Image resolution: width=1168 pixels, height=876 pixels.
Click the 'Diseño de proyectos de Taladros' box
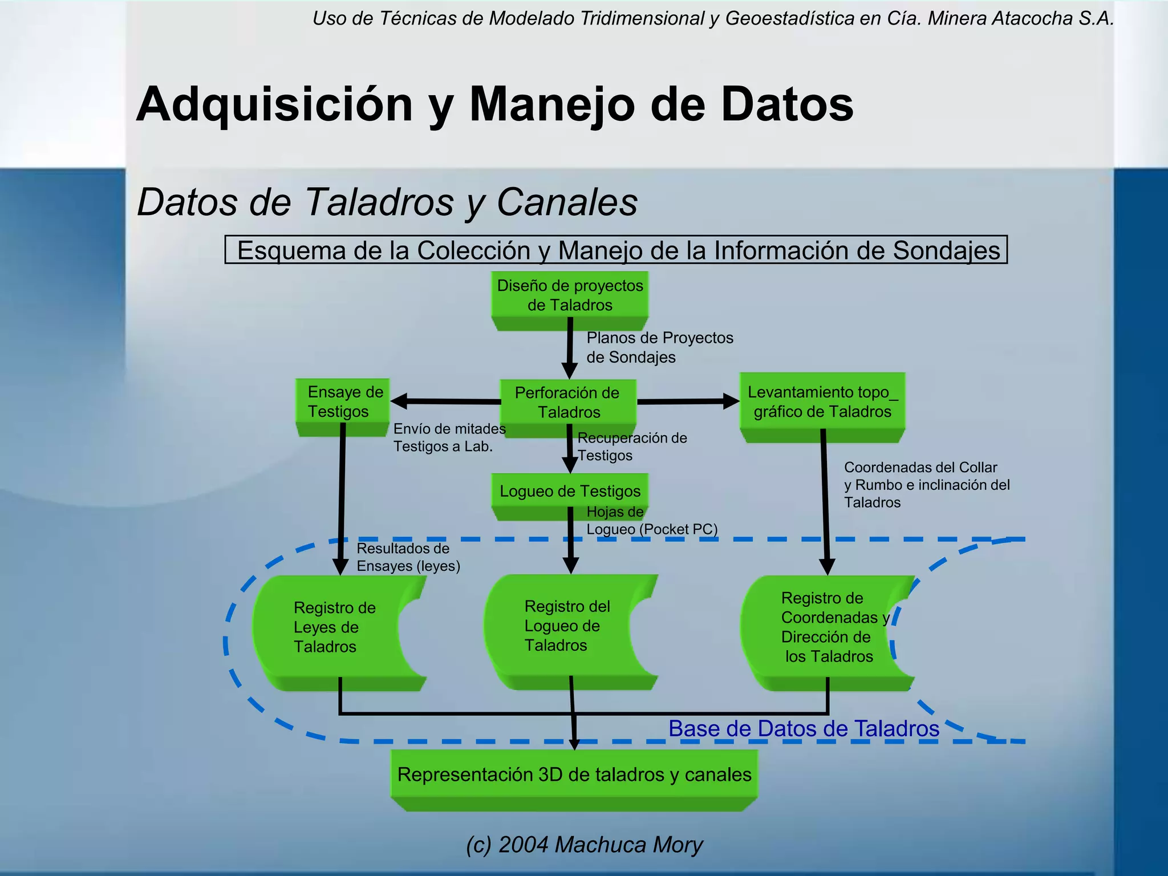pyautogui.click(x=570, y=295)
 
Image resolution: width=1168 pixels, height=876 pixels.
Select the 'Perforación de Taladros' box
pyautogui.click(x=568, y=403)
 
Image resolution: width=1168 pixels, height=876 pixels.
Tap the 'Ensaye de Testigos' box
pyautogui.click(x=342, y=402)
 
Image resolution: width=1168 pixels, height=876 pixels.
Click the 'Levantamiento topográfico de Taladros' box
pyautogui.click(x=822, y=402)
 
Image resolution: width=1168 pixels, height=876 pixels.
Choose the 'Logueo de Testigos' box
pyautogui.click(x=570, y=491)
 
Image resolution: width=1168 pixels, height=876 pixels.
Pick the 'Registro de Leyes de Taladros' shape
pyautogui.click(x=334, y=627)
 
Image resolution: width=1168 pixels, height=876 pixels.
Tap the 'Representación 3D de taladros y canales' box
pyautogui.click(x=574, y=775)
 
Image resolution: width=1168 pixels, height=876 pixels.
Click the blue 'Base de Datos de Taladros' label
pyautogui.click(x=804, y=729)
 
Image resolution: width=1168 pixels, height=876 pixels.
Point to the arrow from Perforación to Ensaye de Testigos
pyautogui.click(x=445, y=401)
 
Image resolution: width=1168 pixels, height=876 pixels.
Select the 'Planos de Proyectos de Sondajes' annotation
pyautogui.click(x=659, y=347)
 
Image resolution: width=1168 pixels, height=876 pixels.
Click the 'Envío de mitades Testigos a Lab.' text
pyautogui.click(x=449, y=437)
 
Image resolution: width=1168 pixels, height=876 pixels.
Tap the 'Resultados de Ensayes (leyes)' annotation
pyautogui.click(x=408, y=557)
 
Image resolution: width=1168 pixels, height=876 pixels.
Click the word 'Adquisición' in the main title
pyautogui.click(x=274, y=104)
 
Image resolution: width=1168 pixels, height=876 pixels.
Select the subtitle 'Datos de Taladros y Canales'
pyautogui.click(x=387, y=202)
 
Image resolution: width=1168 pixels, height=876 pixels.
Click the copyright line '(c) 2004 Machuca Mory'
pyautogui.click(x=584, y=845)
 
